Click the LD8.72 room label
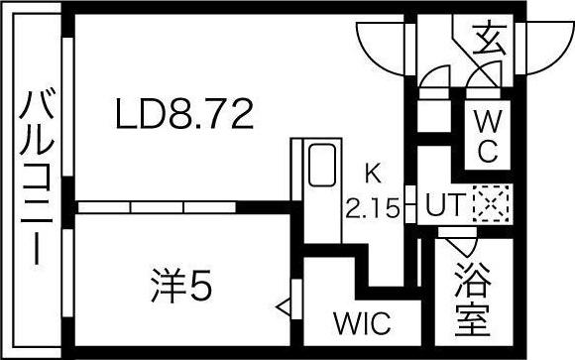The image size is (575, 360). point(184,114)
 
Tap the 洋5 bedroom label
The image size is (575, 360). point(181,286)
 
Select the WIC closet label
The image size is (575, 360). point(362,323)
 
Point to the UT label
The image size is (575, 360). point(445,204)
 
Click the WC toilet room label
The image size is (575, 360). point(488,136)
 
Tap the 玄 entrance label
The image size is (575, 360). point(489,40)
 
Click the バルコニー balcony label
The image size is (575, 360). point(37,176)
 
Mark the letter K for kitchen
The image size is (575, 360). point(373,174)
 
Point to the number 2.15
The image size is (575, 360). point(373,207)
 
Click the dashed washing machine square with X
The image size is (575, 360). point(491,203)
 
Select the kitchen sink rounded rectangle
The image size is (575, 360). point(322,165)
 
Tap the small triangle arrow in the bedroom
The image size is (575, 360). point(284,307)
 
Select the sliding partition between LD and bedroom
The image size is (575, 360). point(157,207)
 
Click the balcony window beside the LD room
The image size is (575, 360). point(67,107)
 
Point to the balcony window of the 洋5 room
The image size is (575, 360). point(67,273)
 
